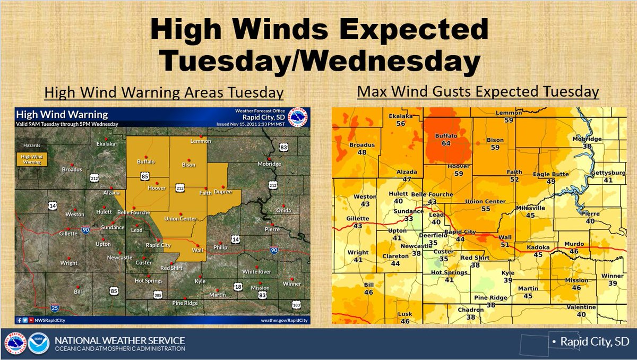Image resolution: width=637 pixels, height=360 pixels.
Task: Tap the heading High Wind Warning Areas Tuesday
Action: point(163,92)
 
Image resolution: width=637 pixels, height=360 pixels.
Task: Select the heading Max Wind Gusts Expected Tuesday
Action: point(478,91)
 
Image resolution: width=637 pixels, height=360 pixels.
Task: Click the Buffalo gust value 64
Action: point(445,143)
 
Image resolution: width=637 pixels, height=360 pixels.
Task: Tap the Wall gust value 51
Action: point(505,244)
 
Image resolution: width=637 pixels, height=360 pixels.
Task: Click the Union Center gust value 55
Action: point(485,209)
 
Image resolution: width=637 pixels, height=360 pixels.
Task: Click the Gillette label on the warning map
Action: point(68,233)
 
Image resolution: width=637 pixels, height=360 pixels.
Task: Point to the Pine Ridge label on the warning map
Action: point(185,303)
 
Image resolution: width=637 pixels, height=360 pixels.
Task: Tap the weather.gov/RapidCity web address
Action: point(285,320)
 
